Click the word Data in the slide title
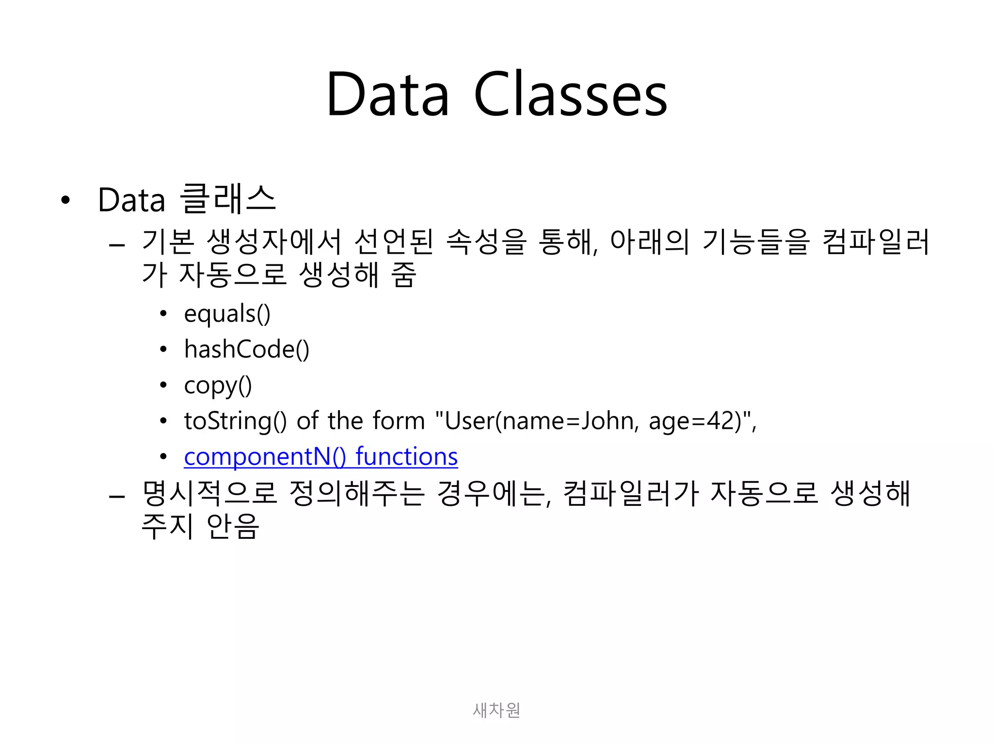(x=388, y=95)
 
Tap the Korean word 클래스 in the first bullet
(x=228, y=199)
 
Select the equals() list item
(x=227, y=314)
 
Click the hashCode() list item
(x=246, y=349)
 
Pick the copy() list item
(x=218, y=385)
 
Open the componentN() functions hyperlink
(x=320, y=456)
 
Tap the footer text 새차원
(x=496, y=710)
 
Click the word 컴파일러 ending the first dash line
(x=876, y=242)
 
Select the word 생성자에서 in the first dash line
(x=274, y=242)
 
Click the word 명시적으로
(x=209, y=493)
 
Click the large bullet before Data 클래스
(x=65, y=200)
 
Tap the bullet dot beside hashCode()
(x=163, y=350)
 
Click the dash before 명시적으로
(x=117, y=497)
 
